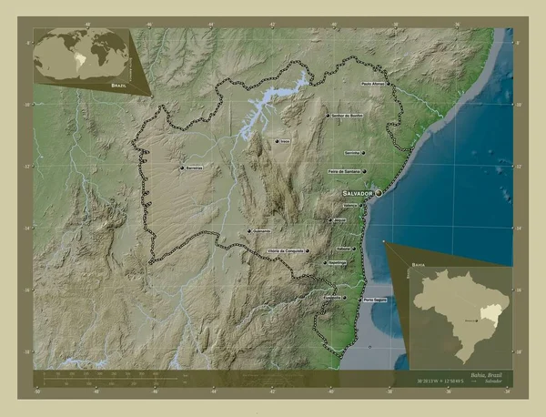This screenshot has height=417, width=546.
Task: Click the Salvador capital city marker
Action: [x=379, y=194]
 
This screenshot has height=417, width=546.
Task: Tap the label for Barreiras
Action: [x=193, y=168]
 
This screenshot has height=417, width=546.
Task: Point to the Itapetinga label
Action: [x=336, y=262]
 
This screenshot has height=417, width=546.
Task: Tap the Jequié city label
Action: [x=339, y=220]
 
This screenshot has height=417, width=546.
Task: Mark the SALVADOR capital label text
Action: [x=358, y=194]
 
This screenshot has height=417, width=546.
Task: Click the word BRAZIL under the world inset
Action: [x=118, y=85]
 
